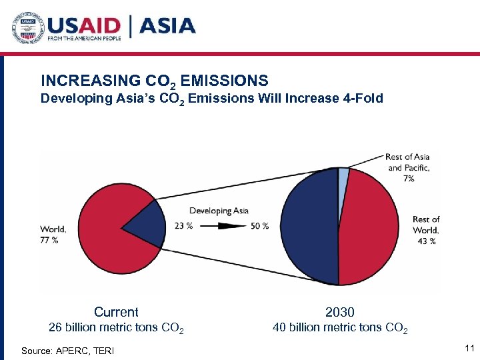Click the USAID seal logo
tap(27, 27)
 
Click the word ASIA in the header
tap(167, 26)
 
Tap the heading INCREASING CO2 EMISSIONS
tap(154, 81)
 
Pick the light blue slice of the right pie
tap(343, 174)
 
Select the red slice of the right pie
tap(368, 227)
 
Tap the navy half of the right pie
tap(310, 227)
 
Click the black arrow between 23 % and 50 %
tap(223, 226)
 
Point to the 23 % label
tap(183, 226)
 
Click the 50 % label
tap(260, 226)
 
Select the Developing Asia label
tap(219, 211)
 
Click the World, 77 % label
tap(53, 235)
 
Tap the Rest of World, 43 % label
tap(426, 230)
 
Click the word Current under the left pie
tap(116, 312)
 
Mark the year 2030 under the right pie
tap(340, 312)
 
